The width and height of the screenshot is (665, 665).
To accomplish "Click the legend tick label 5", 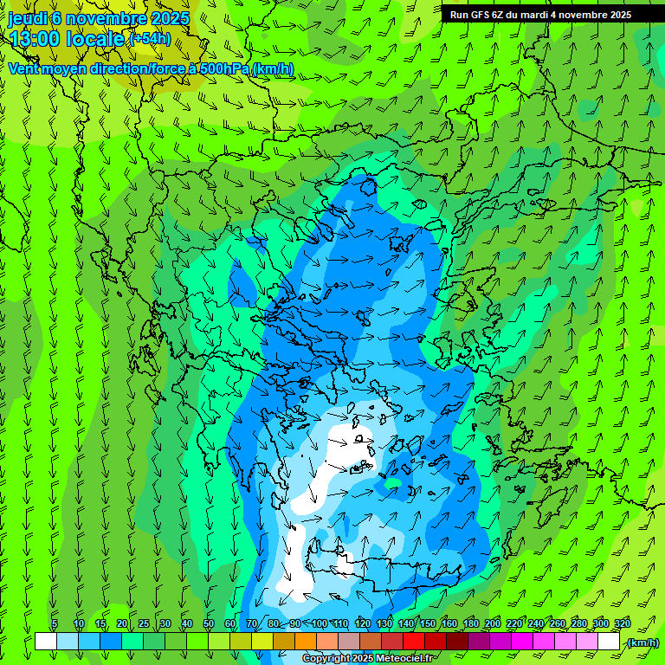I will click(x=55, y=623).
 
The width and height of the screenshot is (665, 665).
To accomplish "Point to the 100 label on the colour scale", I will click(x=320, y=623).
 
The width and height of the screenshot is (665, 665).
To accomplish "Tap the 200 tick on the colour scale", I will click(x=493, y=623).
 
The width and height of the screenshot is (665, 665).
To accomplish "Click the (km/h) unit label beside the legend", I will click(x=642, y=642).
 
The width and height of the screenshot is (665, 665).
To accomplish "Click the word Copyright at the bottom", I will click(x=326, y=659).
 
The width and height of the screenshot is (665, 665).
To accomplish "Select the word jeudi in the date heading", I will click(x=28, y=18).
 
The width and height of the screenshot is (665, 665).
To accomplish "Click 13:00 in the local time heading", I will click(x=35, y=39).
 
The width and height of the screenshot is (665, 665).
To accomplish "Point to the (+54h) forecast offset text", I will click(x=150, y=39).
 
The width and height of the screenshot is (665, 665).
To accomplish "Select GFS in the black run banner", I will click(x=481, y=15).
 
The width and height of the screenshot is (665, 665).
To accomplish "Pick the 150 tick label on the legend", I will click(x=428, y=623).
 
